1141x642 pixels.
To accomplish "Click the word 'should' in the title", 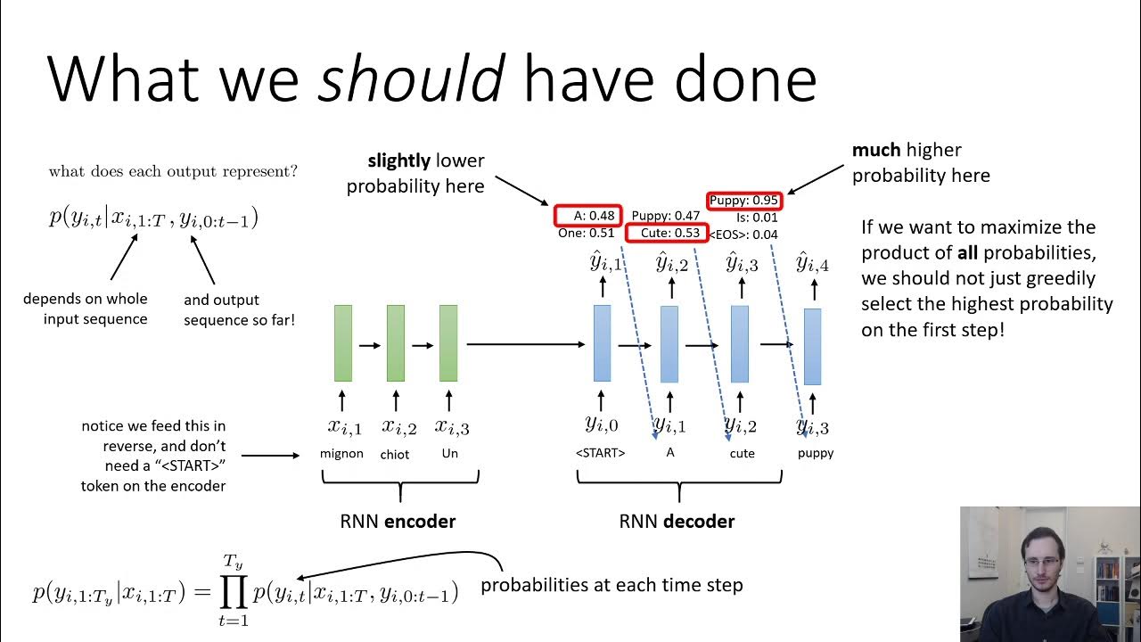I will [x=412, y=78].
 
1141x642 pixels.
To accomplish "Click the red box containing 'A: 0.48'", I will [x=586, y=216].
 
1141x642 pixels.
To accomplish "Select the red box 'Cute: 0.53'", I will [x=665, y=234].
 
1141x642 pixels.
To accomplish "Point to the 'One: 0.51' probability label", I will [x=585, y=234].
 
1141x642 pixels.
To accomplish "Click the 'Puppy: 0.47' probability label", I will [x=665, y=216].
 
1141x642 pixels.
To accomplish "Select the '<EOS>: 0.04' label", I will [x=743, y=235].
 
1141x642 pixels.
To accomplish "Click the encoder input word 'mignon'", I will [x=341, y=453].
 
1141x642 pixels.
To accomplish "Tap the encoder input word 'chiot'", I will [x=395, y=454].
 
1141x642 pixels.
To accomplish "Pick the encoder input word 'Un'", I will [x=448, y=453].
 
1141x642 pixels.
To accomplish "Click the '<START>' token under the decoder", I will [x=600, y=453].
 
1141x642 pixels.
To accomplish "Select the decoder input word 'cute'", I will [x=742, y=453].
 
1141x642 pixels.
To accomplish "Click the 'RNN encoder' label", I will [x=398, y=522].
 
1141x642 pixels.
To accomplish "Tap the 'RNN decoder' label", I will [x=677, y=522].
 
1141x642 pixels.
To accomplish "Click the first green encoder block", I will [x=342, y=343].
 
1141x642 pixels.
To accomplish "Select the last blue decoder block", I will [x=812, y=346].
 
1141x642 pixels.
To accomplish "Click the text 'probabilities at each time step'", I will [x=612, y=586].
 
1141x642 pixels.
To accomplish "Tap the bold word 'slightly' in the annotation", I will [x=400, y=161].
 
